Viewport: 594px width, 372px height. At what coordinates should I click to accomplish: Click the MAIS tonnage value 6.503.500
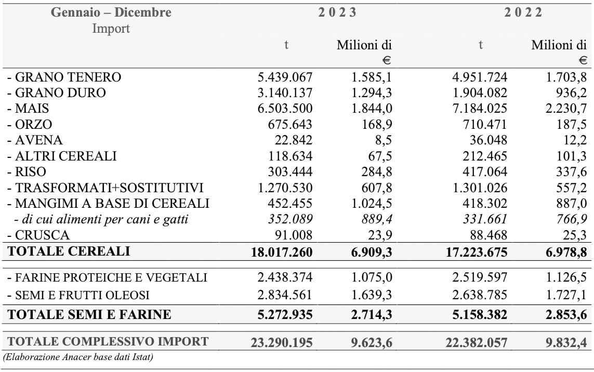pyautogui.click(x=285, y=109)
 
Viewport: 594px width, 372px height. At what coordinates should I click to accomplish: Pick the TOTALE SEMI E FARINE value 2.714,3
pyautogui.click(x=371, y=314)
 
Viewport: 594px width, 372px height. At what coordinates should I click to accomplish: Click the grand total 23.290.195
pyautogui.click(x=280, y=342)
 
